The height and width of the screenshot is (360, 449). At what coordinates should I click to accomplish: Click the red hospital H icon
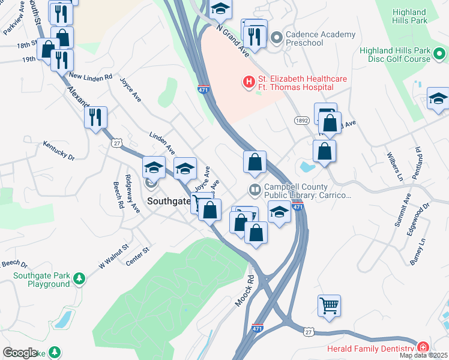pyautogui.click(x=247, y=81)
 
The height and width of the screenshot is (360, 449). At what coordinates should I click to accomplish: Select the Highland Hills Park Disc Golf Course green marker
pyautogui.click(x=440, y=55)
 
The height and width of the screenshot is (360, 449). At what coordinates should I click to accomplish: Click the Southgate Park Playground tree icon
pyautogui.click(x=79, y=278)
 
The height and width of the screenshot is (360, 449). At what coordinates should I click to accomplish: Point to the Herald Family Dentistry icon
pyautogui.click(x=423, y=347)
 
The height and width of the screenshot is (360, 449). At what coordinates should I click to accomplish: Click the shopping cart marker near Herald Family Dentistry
pyautogui.click(x=330, y=305)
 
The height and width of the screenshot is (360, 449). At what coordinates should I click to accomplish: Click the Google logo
pyautogui.click(x=20, y=353)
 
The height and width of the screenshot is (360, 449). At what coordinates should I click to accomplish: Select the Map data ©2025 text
pyautogui.click(x=424, y=356)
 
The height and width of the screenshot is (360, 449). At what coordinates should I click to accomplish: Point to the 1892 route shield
pyautogui.click(x=302, y=121)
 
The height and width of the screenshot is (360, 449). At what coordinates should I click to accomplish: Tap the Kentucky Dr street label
pyautogui.click(x=58, y=150)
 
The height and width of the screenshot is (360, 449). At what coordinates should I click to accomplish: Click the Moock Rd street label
pyautogui.click(x=244, y=290)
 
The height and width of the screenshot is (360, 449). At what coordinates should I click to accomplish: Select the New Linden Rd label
pyautogui.click(x=91, y=77)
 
